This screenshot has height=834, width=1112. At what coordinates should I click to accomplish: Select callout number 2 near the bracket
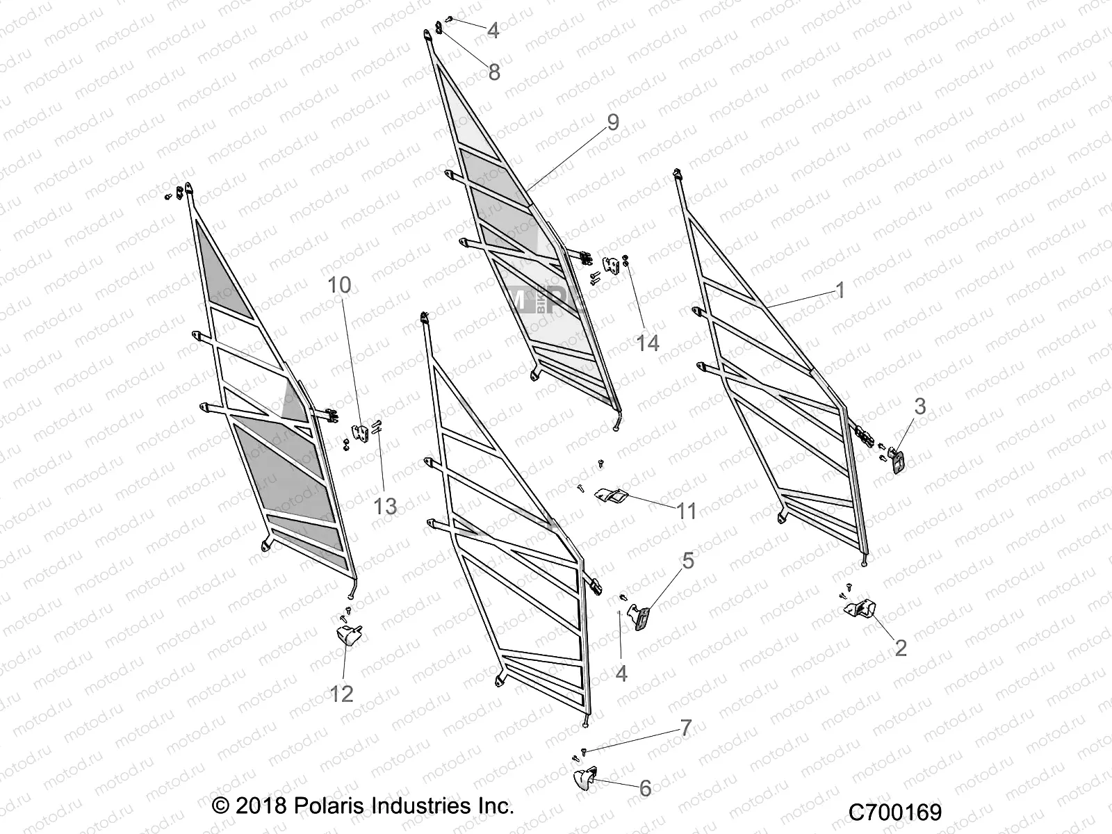901,648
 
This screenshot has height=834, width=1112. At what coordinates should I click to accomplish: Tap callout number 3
920,407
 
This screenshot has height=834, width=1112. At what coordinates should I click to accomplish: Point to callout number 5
687,560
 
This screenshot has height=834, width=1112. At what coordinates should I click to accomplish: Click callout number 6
645,788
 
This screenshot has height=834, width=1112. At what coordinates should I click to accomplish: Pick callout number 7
686,728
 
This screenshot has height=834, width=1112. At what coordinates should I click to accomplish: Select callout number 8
494,72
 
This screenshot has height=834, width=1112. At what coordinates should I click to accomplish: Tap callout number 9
612,122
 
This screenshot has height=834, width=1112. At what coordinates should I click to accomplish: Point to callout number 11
687,512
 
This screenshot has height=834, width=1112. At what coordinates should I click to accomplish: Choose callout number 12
341,693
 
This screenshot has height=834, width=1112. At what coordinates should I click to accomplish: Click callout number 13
385,506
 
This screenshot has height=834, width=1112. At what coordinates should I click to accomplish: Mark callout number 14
648,343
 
